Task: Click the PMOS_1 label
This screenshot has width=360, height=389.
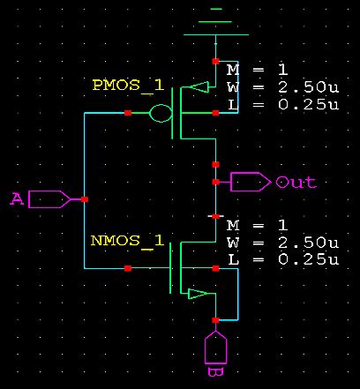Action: [127, 85]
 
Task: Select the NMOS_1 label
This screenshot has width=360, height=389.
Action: [127, 240]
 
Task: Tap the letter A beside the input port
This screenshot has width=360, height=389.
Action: [16, 199]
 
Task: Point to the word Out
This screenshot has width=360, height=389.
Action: [296, 183]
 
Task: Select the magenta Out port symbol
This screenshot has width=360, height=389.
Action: [251, 182]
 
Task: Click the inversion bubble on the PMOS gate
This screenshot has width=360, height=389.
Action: [159, 114]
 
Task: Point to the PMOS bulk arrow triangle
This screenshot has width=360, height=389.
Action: [199, 87]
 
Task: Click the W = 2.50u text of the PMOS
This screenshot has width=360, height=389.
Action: [282, 86]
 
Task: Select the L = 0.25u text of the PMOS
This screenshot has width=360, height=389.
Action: [282, 104]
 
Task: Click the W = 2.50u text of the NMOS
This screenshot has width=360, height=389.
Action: [282, 242]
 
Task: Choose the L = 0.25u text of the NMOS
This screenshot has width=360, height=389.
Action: [282, 259]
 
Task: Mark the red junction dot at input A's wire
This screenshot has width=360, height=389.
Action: [83, 199]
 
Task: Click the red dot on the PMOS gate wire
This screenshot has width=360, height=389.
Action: [128, 114]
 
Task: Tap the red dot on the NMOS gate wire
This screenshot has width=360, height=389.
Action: [128, 267]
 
